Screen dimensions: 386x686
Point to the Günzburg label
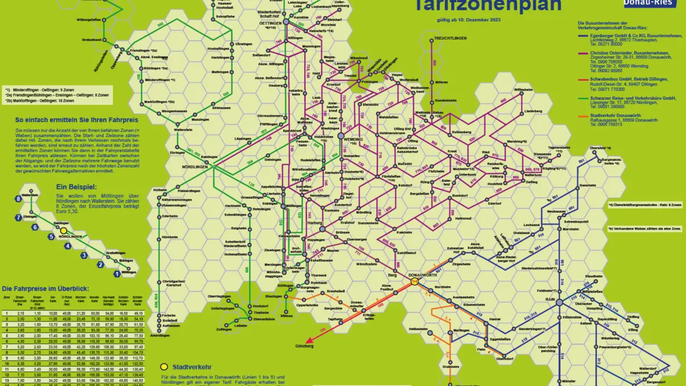304,346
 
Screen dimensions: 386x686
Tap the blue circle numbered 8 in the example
19,199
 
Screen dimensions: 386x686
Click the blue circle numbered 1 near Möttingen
117,273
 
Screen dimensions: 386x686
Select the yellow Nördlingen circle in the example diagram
64,231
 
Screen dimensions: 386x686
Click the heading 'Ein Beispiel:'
76,187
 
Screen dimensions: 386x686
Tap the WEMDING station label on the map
353,140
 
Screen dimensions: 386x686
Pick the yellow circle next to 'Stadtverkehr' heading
164,367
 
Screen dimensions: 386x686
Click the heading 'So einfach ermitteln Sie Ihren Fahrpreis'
67,121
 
